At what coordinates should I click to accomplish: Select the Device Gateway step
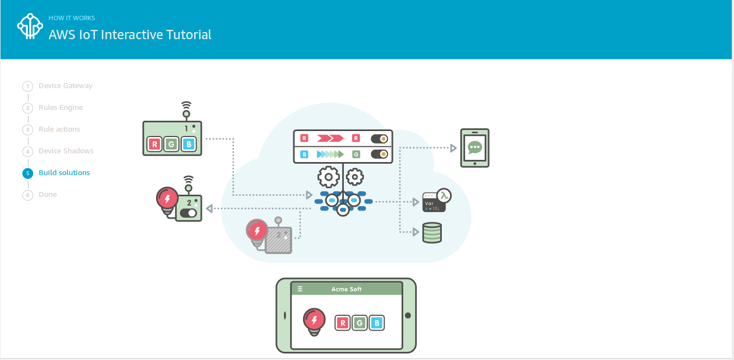[65, 86]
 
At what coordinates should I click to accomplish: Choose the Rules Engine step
[60, 108]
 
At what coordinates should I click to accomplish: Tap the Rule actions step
[59, 129]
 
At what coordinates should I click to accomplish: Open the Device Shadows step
[66, 151]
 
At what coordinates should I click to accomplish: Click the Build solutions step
[64, 173]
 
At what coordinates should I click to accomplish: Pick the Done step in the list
[47, 195]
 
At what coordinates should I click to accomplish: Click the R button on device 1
[155, 144]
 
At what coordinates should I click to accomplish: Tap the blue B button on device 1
[188, 144]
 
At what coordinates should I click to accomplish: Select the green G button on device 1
[172, 144]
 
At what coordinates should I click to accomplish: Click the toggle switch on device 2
[188, 213]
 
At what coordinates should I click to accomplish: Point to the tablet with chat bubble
[474, 148]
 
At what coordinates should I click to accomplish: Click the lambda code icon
[436, 200]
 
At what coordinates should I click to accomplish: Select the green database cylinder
[432, 232]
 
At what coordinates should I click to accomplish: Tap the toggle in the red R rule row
[379, 139]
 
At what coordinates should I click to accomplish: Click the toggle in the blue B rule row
[379, 154]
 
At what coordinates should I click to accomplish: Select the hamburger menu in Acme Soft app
[300, 289]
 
